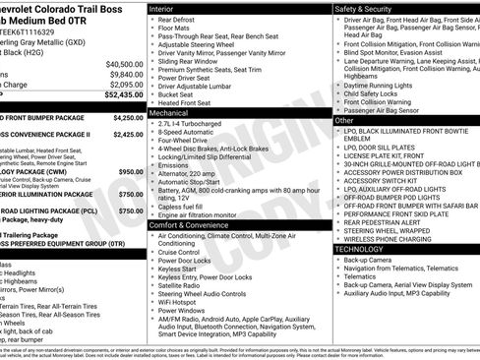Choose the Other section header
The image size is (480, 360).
click(x=345, y=120)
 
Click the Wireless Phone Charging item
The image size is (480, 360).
click(x=387, y=238)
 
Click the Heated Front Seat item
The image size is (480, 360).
click(x=189, y=102)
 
